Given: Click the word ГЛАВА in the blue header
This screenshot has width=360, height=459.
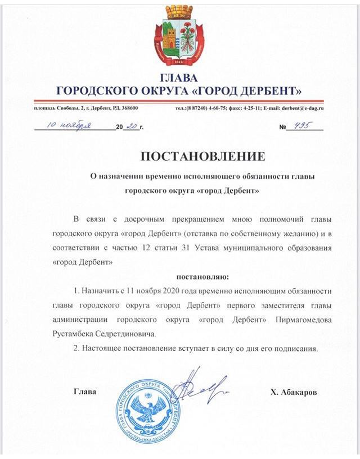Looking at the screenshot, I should (x=179, y=77).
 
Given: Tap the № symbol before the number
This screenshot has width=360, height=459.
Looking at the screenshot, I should (x=282, y=128).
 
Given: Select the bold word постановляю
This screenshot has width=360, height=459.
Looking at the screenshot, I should (x=203, y=276).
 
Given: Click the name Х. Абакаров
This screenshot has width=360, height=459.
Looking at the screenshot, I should (x=293, y=393).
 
